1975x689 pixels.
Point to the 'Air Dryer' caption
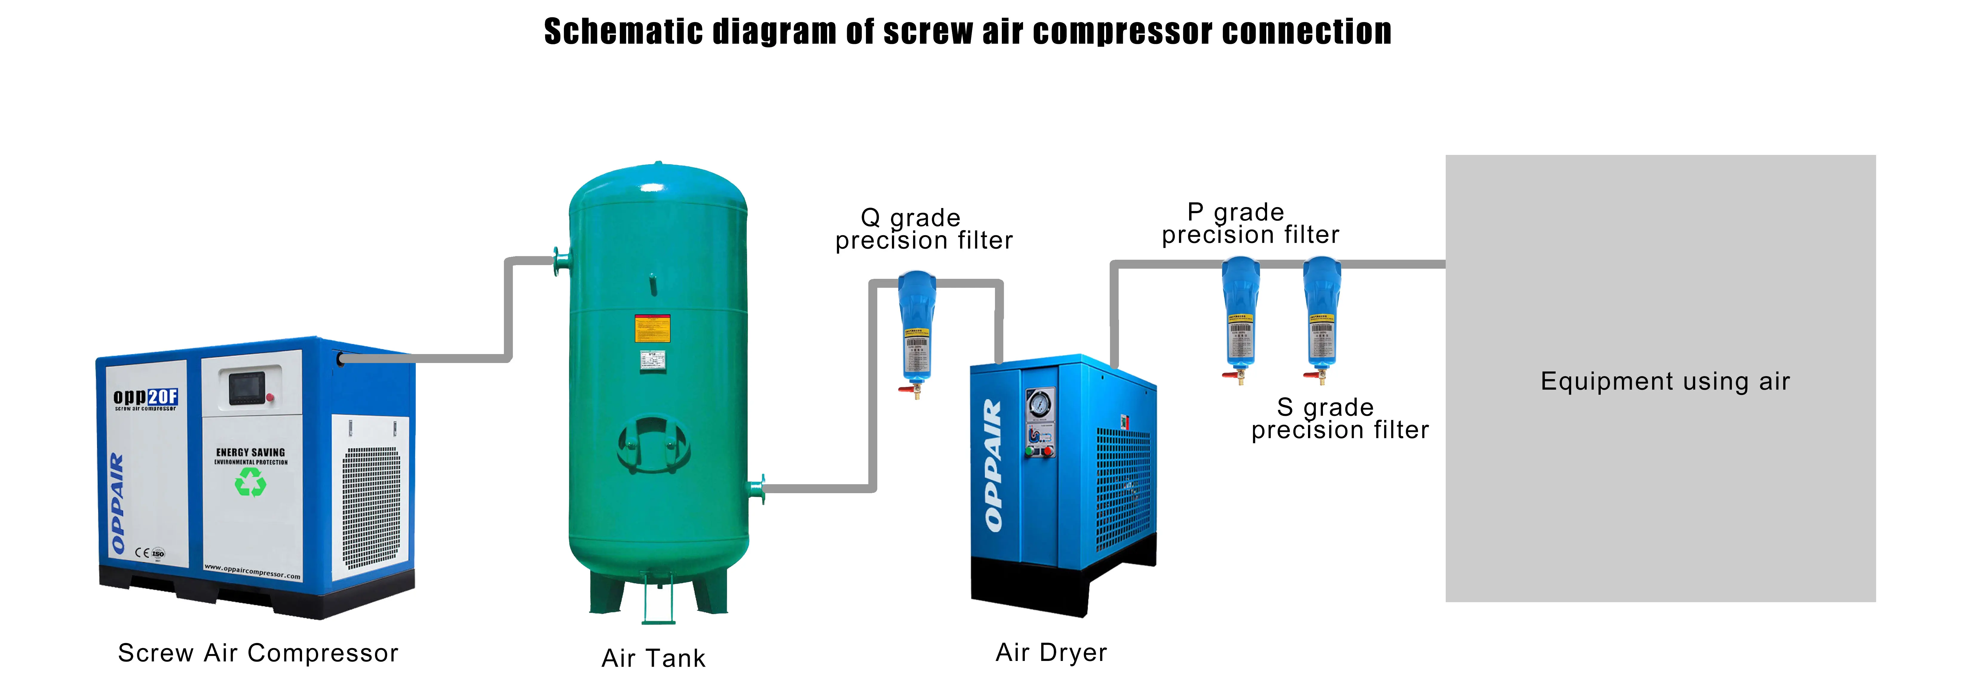[x=1051, y=652]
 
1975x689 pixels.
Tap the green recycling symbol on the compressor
[x=250, y=482]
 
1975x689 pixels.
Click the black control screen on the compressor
[x=247, y=388]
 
